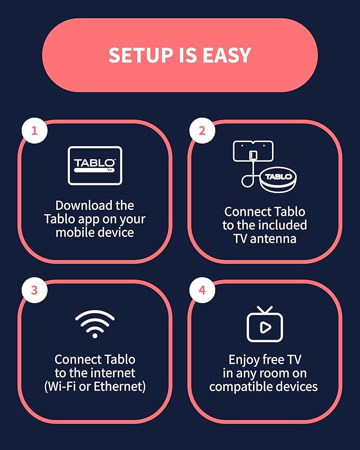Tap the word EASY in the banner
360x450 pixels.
pyautogui.click(x=227, y=55)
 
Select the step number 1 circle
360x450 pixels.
pyautogui.click(x=34, y=130)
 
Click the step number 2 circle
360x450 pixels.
pyautogui.click(x=202, y=130)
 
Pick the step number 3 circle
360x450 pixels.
pyautogui.click(x=34, y=290)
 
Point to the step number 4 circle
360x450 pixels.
pyautogui.click(x=202, y=290)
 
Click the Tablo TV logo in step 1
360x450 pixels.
pyautogui.click(x=95, y=165)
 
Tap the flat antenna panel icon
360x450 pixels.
pyautogui.click(x=253, y=151)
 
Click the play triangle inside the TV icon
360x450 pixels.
pyautogui.click(x=266, y=327)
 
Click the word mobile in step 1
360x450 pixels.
pyautogui.click(x=74, y=232)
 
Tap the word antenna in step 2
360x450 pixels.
pyautogui.click(x=273, y=239)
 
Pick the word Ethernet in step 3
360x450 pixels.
pyautogui.click(x=120, y=386)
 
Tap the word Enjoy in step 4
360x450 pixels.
pyautogui.click(x=241, y=360)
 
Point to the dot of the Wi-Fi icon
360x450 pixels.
pyautogui.click(x=95, y=335)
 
